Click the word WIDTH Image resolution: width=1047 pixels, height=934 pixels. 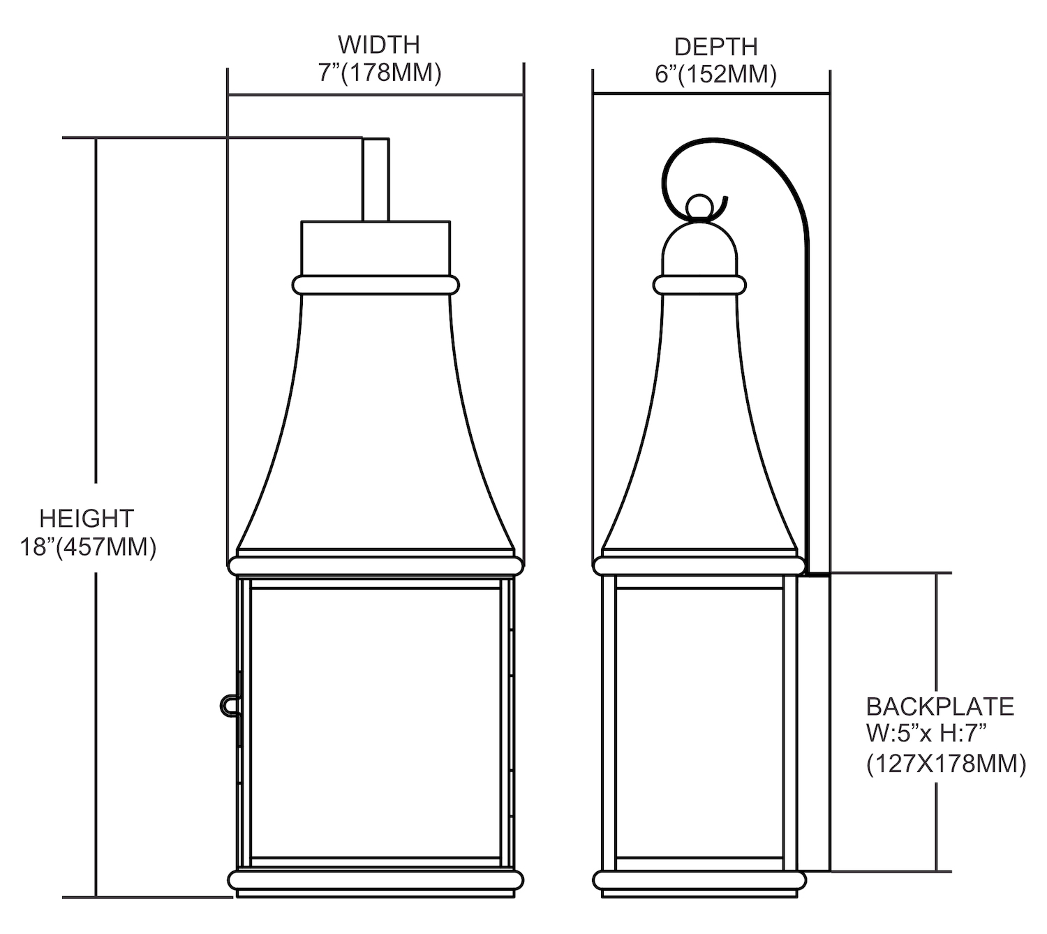pyautogui.click(x=379, y=45)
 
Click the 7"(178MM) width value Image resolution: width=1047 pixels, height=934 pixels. pyautogui.click(x=379, y=73)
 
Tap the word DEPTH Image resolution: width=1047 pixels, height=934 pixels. pyautogui.click(x=715, y=47)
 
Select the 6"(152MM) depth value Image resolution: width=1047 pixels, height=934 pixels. pyautogui.click(x=715, y=75)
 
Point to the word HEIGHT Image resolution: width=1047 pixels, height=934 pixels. pyautogui.click(x=87, y=519)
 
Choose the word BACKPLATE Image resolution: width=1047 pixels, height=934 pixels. pyautogui.click(x=940, y=706)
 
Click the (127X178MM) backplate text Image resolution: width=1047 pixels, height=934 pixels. pyautogui.click(x=946, y=764)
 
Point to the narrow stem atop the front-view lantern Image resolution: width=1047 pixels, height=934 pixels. pyautogui.click(x=376, y=179)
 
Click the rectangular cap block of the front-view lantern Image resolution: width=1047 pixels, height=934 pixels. pyautogui.click(x=376, y=248)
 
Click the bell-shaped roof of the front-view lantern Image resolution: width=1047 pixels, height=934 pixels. pyautogui.click(x=376, y=424)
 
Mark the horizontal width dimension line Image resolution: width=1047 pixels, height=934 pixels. pyautogui.click(x=376, y=95)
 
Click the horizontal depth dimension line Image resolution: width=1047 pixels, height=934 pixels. pyautogui.click(x=711, y=94)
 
